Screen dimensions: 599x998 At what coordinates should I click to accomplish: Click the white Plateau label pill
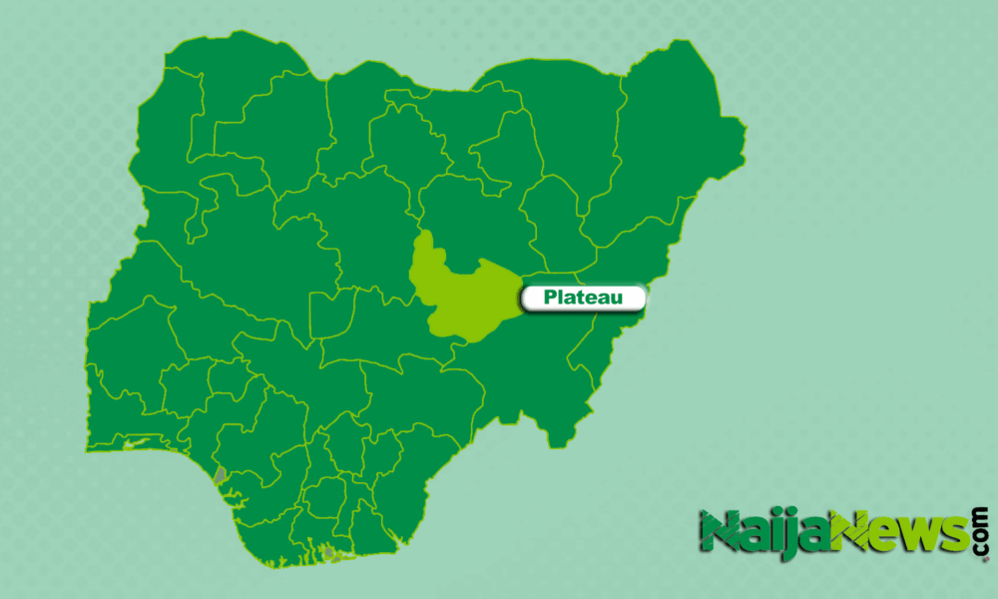pyautogui.click(x=582, y=297)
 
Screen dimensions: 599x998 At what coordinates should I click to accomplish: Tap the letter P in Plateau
pyautogui.click(x=550, y=297)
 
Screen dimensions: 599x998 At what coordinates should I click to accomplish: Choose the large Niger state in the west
pyautogui.click(x=230, y=250)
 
